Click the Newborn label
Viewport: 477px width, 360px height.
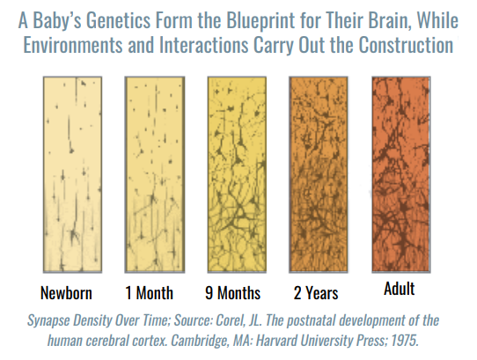click(66, 293)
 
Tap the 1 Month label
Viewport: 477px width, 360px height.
click(149, 293)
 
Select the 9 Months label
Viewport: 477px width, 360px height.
click(232, 293)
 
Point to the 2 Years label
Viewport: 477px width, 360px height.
click(316, 293)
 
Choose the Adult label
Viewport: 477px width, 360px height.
click(399, 289)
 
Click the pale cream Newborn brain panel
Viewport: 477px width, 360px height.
click(72, 174)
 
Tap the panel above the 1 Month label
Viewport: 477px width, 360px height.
click(155, 174)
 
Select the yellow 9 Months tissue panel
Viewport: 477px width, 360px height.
click(237, 174)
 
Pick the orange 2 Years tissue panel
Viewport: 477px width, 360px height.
click(319, 174)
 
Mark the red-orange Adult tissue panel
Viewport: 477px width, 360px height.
click(401, 174)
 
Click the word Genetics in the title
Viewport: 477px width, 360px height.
click(118, 21)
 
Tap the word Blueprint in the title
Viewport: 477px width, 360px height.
click(261, 21)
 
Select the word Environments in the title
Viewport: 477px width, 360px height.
click(73, 45)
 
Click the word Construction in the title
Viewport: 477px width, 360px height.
click(406, 45)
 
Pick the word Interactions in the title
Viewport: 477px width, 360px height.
click(204, 45)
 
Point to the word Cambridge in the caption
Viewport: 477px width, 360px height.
click(199, 341)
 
